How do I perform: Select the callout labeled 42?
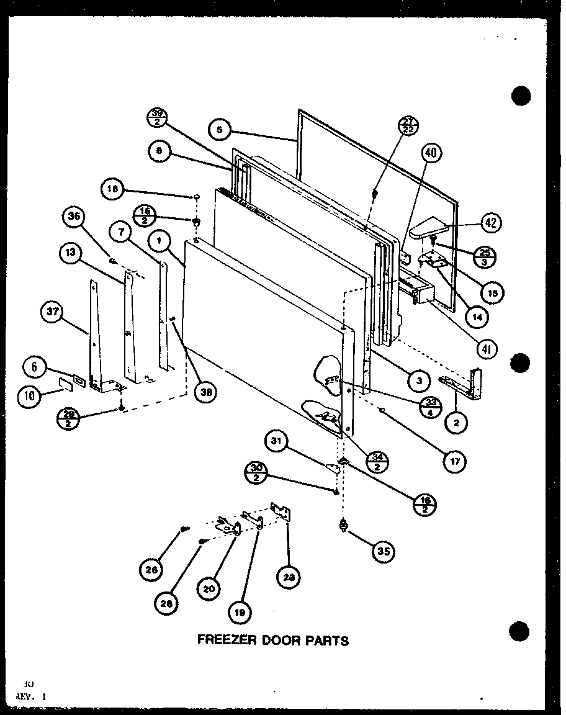(492, 223)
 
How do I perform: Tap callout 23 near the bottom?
(291, 577)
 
